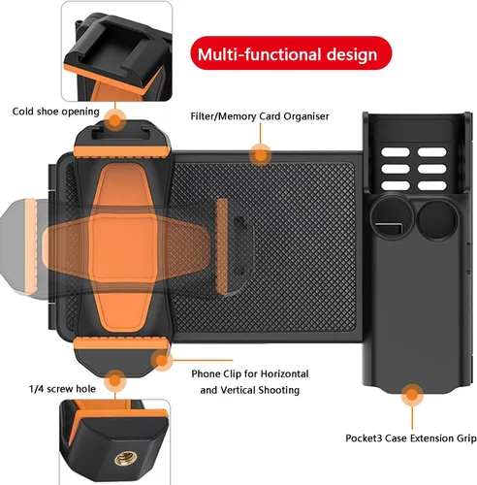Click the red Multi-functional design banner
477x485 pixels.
[x=291, y=53]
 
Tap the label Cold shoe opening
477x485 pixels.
[x=55, y=112]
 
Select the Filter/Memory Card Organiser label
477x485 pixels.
[x=260, y=116]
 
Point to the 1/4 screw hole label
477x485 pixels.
[x=62, y=389]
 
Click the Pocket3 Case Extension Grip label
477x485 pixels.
[x=411, y=438]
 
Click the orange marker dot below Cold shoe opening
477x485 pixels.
[x=115, y=120]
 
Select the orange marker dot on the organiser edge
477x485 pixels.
[x=260, y=155]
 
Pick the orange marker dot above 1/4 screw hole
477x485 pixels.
[x=115, y=380]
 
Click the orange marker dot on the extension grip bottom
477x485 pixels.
[x=412, y=395]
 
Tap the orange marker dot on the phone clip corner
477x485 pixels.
[x=162, y=360]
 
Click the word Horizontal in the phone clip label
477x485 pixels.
[x=284, y=373]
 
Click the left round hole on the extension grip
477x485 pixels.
[x=393, y=217]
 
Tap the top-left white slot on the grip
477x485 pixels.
[x=396, y=152]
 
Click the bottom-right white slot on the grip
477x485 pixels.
[x=432, y=185]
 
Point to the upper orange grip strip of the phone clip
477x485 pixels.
[x=121, y=151]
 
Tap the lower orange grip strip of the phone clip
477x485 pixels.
[x=121, y=343]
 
